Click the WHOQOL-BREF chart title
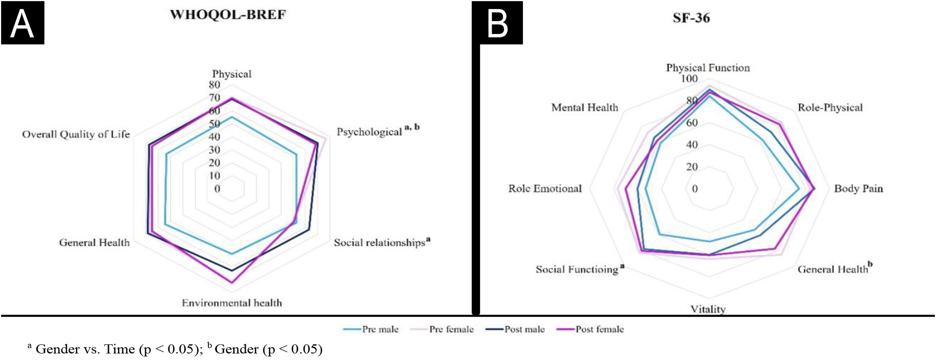(x=228, y=15)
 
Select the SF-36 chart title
(x=691, y=18)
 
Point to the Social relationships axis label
(x=379, y=243)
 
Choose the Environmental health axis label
(x=232, y=303)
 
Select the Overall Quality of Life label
(x=76, y=134)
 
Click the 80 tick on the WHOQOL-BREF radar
(x=214, y=85)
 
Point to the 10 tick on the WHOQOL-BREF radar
(x=214, y=176)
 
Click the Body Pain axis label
(x=858, y=189)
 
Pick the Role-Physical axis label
(x=830, y=108)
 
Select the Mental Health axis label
(x=585, y=108)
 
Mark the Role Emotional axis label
(x=545, y=189)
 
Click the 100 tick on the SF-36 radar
(x=689, y=78)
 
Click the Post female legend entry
(x=599, y=329)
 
